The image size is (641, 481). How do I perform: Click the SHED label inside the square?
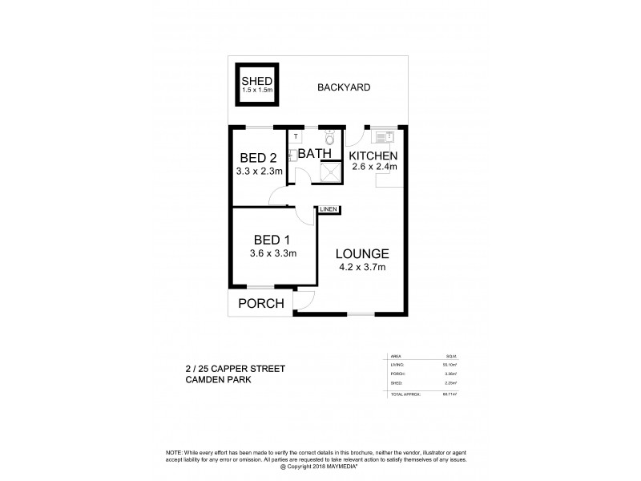point(258,82)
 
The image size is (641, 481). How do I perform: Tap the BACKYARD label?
point(343,87)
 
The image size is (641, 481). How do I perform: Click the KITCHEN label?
point(373,155)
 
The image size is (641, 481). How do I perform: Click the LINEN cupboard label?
point(329,209)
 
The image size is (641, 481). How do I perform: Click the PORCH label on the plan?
point(262,303)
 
